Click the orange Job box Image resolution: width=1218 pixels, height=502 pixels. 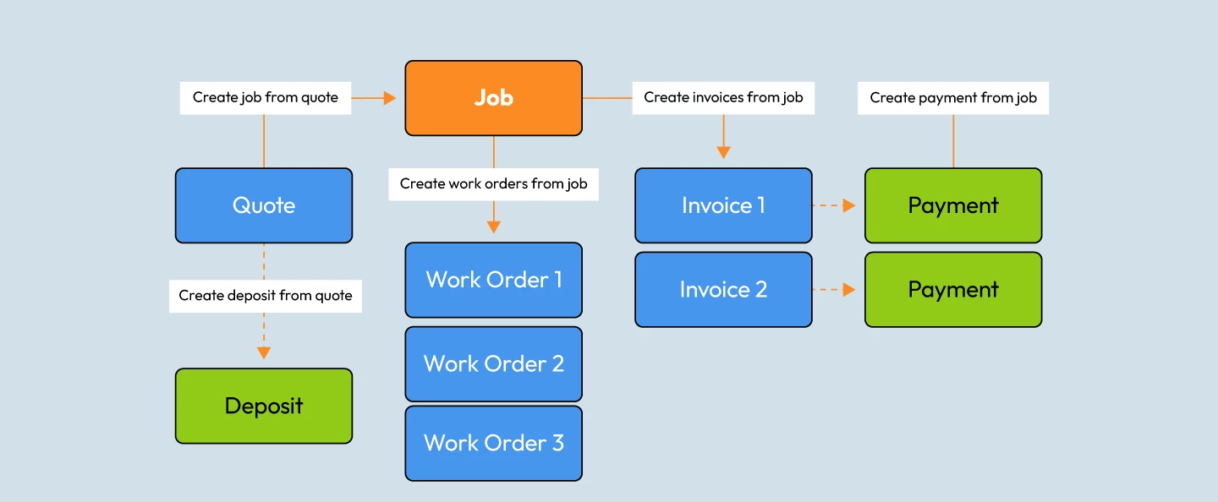coord(493,98)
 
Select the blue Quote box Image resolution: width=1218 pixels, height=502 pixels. coord(264,205)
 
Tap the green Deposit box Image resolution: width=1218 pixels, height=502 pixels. coord(264,406)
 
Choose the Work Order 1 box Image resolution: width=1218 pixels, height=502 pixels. coord(493,280)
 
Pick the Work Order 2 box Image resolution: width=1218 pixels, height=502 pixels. coord(493,363)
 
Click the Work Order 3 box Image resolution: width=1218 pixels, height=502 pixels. coord(493,443)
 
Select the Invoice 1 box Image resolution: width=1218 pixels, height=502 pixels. coord(723,205)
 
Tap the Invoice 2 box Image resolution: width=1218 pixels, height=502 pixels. coord(723,289)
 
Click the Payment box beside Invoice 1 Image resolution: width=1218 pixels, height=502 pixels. coord(953,205)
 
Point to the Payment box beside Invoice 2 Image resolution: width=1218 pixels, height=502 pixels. coord(953,289)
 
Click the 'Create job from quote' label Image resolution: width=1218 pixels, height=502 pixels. coord(265,97)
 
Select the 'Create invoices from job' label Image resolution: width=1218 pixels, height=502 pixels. coord(723,97)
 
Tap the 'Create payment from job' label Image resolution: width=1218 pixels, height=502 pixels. coord(953,97)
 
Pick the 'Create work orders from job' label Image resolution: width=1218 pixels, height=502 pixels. coord(493,183)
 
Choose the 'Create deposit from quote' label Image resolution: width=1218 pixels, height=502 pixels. coord(265,296)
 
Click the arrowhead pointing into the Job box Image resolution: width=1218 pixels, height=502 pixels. coord(390,98)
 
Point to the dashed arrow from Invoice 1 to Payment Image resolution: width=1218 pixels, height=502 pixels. coord(834,205)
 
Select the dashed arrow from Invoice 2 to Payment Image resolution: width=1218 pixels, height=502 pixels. coord(834,289)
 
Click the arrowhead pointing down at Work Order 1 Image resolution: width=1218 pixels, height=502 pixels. coord(493,227)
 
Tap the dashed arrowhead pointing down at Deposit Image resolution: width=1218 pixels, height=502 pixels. coord(264,352)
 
